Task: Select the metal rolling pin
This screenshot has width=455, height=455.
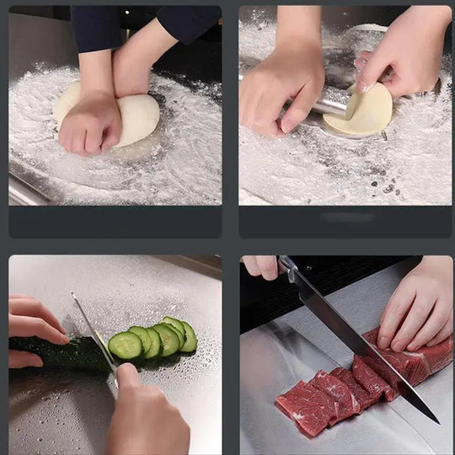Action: click(329, 106)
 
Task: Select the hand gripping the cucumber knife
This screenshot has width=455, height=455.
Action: click(147, 417)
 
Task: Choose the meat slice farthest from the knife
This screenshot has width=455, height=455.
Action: click(299, 408)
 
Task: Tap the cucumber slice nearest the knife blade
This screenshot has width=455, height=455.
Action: click(125, 345)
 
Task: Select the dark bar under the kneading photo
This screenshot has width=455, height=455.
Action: click(115, 222)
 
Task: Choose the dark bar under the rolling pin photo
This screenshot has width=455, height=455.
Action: click(345, 222)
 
